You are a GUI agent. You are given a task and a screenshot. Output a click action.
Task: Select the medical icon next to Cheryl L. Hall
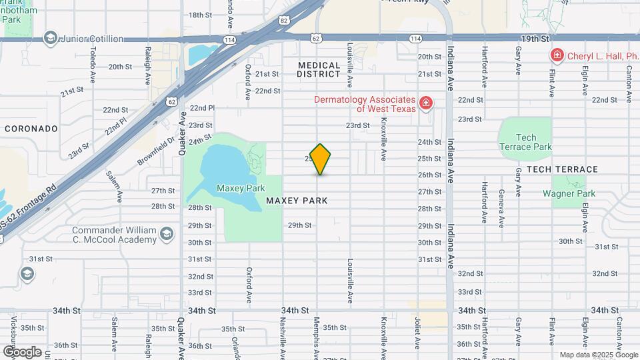click(555, 55)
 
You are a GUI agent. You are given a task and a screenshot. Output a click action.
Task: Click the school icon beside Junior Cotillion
click(49, 39)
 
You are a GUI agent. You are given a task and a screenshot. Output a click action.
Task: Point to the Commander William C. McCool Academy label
click(114, 235)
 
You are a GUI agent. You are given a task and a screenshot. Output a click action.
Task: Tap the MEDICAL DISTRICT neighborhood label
click(319, 69)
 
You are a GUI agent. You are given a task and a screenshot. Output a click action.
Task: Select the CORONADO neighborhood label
click(31, 128)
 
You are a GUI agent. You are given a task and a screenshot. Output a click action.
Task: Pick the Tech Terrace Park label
click(526, 142)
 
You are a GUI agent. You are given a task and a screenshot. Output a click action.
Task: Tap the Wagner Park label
click(568, 194)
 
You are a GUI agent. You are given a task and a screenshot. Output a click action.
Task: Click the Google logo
click(21, 351)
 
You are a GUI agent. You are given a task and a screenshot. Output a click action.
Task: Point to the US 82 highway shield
click(284, 21)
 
